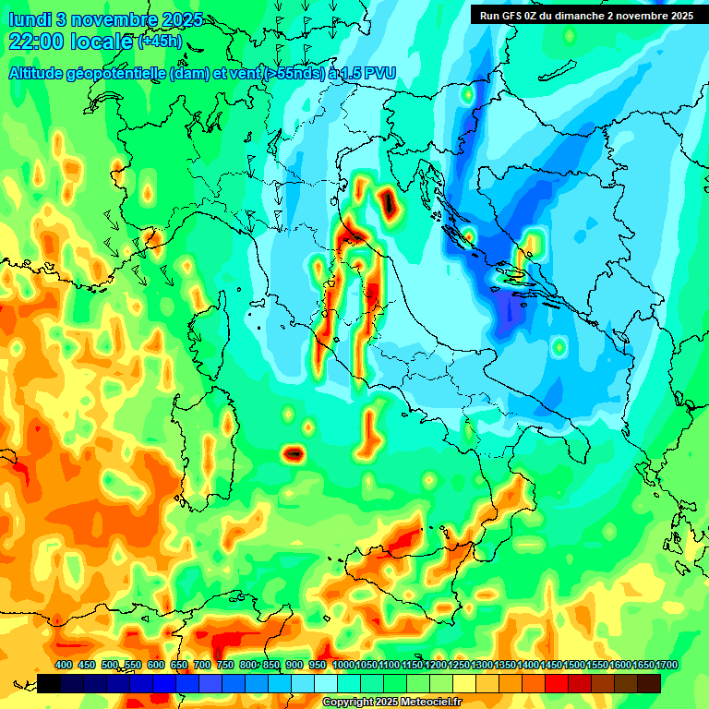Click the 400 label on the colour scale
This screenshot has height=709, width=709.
pos(64,665)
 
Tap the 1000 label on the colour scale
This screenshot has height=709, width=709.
pos(342,665)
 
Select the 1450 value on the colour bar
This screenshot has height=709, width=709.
pos(551,665)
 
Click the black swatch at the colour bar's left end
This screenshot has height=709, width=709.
pos(49,683)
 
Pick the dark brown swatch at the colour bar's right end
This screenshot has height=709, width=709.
pos(649,683)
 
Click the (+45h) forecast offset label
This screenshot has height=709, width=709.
pos(160,42)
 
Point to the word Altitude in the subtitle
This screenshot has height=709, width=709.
pos(41,72)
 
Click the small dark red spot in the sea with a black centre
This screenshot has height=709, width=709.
pos(294,452)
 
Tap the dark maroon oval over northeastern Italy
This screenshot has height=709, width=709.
pos(389,202)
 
